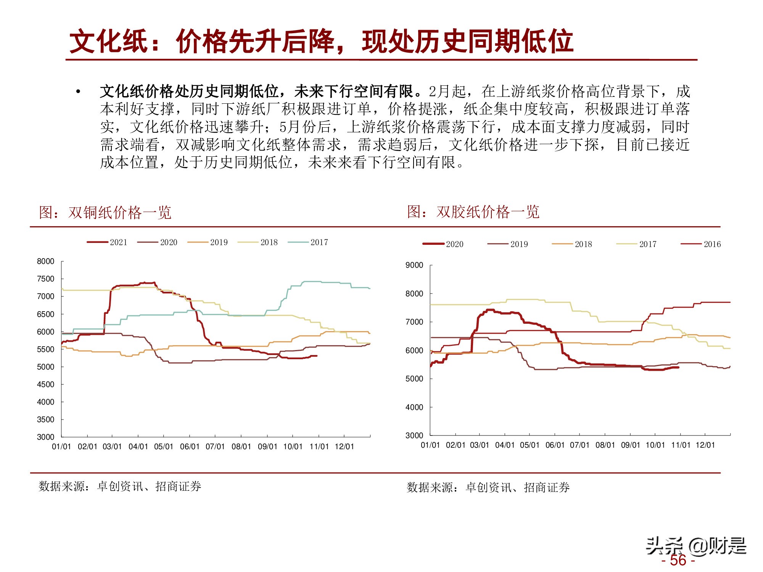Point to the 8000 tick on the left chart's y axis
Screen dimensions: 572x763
click(x=45, y=262)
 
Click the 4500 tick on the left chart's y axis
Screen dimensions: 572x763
click(x=45, y=384)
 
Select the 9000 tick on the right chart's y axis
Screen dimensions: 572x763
click(x=414, y=265)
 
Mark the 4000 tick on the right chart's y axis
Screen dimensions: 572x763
click(x=414, y=407)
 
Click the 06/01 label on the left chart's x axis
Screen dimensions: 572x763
click(x=190, y=447)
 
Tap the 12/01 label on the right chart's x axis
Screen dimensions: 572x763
click(x=705, y=445)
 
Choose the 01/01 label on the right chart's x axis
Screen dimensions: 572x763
click(x=430, y=445)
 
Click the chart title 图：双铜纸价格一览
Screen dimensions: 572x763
click(x=105, y=212)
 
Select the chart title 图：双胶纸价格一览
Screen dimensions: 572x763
click(x=473, y=212)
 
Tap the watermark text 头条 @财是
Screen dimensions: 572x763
click(x=695, y=546)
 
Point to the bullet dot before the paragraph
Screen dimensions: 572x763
click(x=78, y=92)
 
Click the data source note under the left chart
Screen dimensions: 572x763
click(x=120, y=487)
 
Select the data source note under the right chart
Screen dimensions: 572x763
click(x=488, y=487)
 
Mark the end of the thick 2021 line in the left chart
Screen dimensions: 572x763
click(x=317, y=356)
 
